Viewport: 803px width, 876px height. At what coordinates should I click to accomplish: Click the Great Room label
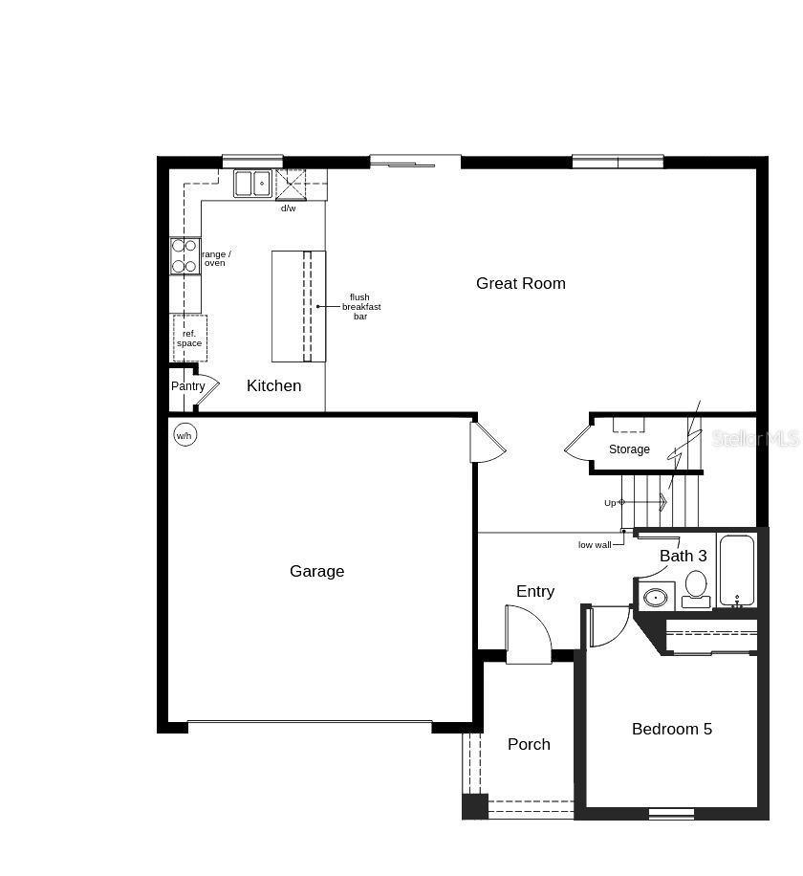click(520, 283)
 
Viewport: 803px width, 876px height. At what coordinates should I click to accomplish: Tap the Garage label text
click(316, 571)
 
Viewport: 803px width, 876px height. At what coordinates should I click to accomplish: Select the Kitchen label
click(273, 385)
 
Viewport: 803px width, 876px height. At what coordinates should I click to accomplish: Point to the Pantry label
click(188, 386)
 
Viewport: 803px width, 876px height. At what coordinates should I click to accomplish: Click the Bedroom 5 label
click(671, 729)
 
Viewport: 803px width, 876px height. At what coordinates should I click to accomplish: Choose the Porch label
click(529, 744)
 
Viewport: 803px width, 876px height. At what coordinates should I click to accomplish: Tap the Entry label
click(534, 591)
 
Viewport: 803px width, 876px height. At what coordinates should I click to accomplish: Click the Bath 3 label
click(683, 556)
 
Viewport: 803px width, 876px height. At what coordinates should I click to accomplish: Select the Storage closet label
click(629, 449)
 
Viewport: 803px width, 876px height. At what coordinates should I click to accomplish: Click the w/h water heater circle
click(184, 435)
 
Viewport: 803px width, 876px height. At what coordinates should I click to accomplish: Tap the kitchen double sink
click(253, 183)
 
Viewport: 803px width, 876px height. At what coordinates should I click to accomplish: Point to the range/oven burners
click(184, 255)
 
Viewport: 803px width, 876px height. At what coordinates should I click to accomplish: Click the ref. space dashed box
click(189, 338)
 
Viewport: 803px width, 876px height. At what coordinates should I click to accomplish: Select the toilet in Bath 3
click(696, 586)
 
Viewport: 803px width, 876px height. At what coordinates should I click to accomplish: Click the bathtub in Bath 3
click(736, 570)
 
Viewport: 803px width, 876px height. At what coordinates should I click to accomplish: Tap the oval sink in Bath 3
click(655, 598)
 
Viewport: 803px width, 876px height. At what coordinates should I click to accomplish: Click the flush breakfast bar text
click(360, 306)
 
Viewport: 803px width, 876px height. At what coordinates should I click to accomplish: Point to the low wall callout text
click(594, 544)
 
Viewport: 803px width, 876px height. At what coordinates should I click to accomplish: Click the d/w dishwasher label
click(288, 208)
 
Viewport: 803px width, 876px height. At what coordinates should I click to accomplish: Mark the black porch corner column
click(474, 806)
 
